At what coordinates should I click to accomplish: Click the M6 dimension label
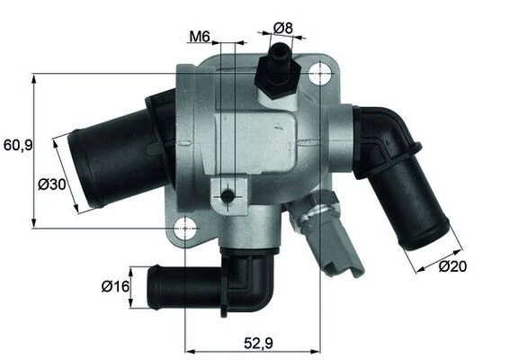tap(199, 38)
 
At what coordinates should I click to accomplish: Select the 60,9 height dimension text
tap(17, 144)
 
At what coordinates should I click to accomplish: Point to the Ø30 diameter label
tap(51, 185)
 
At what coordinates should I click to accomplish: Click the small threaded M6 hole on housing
tap(230, 194)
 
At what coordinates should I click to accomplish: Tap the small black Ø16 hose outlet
tap(180, 286)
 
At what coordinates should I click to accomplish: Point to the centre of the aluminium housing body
tap(261, 144)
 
